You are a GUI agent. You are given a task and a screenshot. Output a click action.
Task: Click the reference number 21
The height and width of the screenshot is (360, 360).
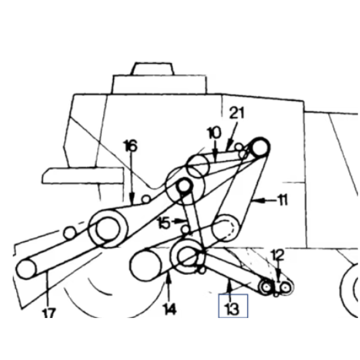(237, 113)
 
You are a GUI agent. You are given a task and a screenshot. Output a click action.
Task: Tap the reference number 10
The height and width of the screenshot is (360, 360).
(214, 133)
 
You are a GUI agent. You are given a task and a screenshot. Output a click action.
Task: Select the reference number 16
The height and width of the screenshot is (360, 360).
(131, 146)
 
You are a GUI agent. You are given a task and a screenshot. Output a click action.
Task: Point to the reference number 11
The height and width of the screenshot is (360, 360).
(283, 200)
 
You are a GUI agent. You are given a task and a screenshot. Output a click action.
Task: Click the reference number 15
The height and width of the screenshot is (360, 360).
(164, 223)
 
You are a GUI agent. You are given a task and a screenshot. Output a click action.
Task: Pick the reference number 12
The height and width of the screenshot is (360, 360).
(278, 255)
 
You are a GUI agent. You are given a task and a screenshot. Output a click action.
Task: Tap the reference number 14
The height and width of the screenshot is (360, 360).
(169, 309)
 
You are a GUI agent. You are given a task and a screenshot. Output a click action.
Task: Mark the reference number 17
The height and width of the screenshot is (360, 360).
(49, 313)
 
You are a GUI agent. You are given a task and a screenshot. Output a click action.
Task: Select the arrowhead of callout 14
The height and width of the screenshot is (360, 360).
(169, 277)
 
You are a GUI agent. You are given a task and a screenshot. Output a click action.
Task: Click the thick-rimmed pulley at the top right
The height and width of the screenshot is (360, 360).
(260, 148)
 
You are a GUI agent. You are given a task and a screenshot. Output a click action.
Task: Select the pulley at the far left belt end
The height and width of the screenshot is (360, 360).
(26, 269)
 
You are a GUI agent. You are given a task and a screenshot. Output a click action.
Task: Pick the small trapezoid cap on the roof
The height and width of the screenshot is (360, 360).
(152, 68)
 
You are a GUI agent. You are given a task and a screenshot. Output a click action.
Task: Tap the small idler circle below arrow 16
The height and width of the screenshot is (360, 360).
(146, 199)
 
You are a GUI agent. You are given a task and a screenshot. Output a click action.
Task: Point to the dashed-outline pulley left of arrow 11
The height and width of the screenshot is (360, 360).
(225, 228)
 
